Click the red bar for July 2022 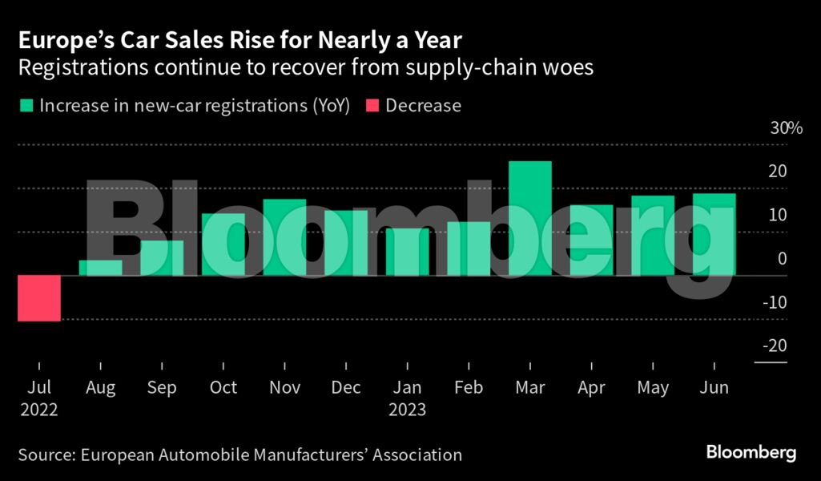[39, 298]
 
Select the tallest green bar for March [530, 218]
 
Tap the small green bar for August [101, 268]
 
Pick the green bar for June [714, 234]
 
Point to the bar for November [284, 237]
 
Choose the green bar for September [162, 258]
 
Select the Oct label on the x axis [223, 388]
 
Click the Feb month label [469, 388]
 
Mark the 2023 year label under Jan [407, 410]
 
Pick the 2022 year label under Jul [39, 410]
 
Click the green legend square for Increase [26, 106]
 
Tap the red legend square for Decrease [372, 106]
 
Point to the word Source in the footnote [45, 455]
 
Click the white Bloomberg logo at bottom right [751, 453]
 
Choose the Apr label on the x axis [591, 388]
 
